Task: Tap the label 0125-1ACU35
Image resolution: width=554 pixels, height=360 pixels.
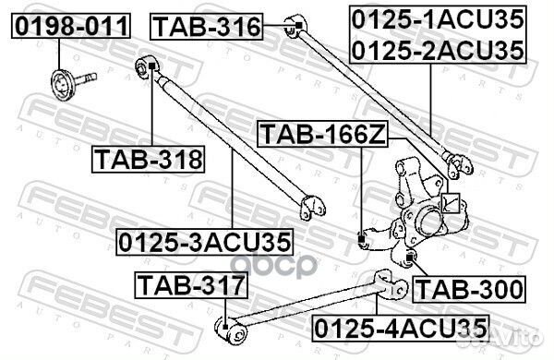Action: (438, 18)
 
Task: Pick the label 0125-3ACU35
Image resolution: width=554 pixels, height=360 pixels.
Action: (204, 242)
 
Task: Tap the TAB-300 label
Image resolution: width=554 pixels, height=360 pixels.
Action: (468, 289)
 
